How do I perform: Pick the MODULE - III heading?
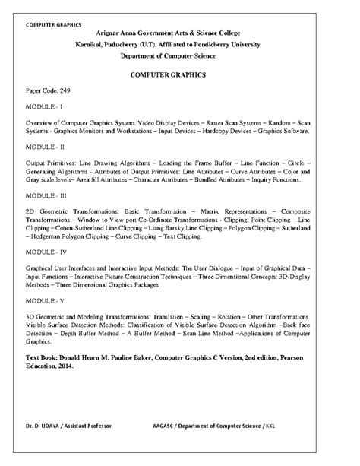coord(46,195)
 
